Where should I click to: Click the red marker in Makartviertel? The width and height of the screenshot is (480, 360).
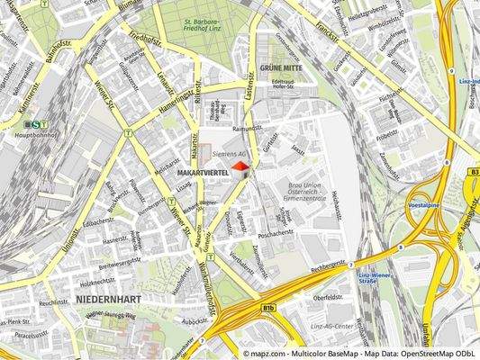(240, 167)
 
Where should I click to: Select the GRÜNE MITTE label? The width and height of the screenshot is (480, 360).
(280, 68)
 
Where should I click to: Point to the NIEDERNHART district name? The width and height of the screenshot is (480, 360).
(107, 296)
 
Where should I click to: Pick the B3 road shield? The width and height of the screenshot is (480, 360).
(473, 169)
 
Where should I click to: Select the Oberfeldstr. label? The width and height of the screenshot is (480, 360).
(330, 296)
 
